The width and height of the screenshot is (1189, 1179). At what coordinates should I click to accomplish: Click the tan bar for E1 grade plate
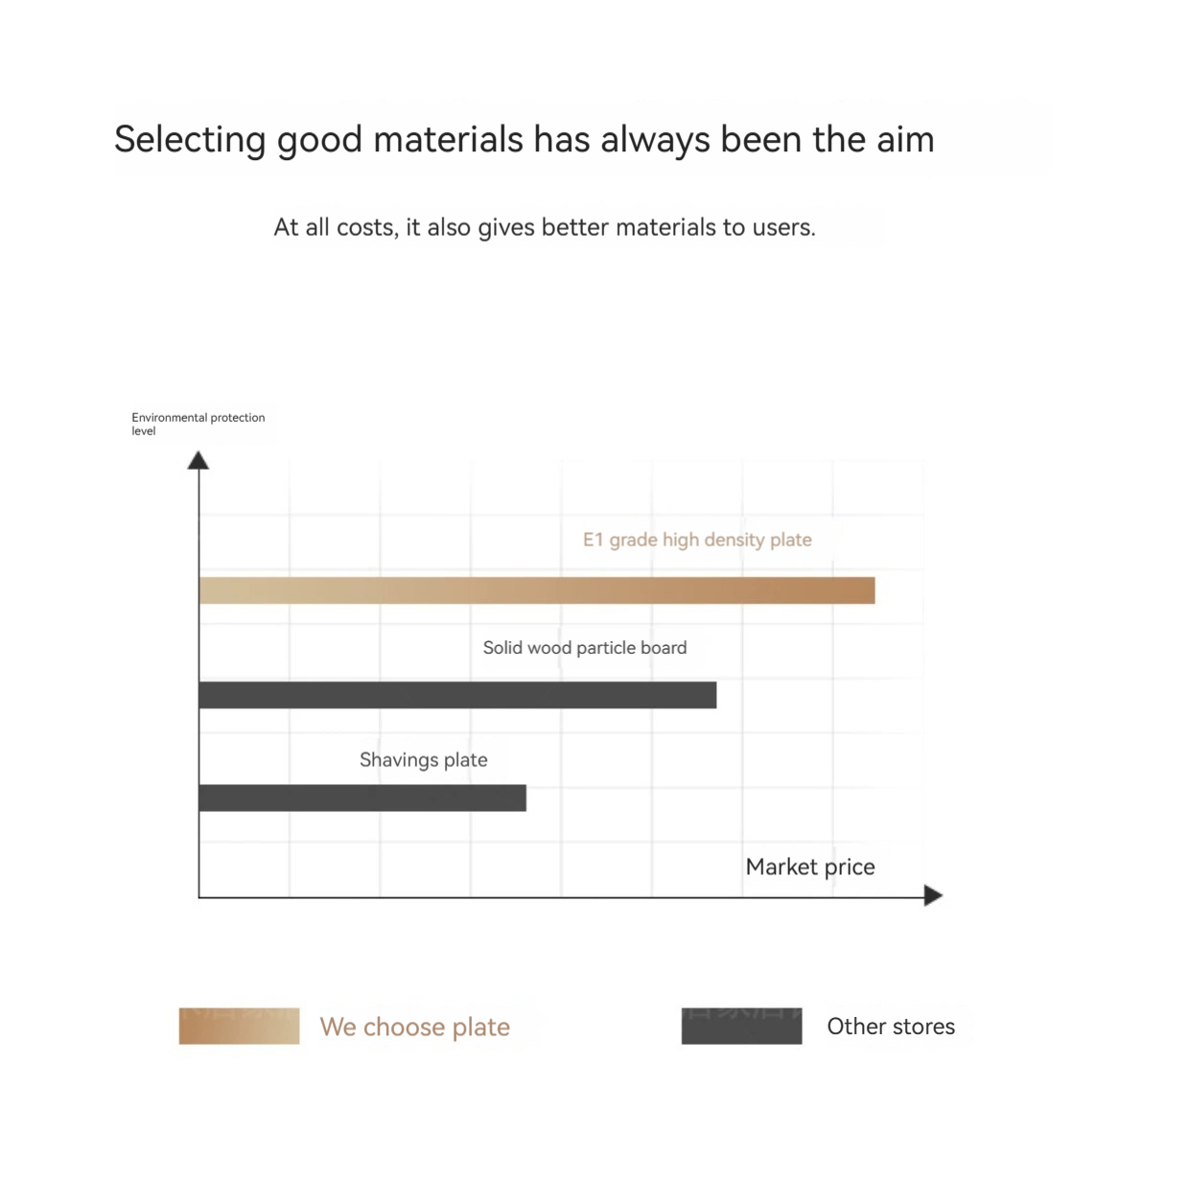coord(536,589)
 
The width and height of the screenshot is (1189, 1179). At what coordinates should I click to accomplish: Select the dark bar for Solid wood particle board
coord(457,695)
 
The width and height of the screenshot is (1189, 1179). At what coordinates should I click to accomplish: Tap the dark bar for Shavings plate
coord(362,798)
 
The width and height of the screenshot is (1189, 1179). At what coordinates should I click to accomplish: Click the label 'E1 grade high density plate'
coord(696,540)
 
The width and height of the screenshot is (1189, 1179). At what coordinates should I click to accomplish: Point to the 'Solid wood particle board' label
coord(584,648)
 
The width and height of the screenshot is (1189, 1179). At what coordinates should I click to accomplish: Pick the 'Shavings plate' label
coord(423,760)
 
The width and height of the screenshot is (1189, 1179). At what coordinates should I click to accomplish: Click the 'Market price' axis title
coord(809,867)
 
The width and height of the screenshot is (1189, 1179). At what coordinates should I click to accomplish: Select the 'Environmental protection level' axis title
coord(198,424)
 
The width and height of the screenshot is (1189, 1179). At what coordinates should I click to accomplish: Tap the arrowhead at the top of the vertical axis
coord(198,460)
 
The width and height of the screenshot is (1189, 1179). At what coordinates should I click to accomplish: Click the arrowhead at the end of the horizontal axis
coord(933,895)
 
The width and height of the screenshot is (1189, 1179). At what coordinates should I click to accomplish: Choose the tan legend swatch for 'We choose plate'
coord(239,1026)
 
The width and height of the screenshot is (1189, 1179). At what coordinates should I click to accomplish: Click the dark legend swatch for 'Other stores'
coord(741,1026)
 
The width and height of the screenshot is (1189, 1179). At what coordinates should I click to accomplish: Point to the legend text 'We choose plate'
coord(414,1028)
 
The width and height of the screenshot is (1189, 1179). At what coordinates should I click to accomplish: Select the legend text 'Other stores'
coord(891,1026)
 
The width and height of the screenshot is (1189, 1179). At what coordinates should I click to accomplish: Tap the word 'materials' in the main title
coord(449,139)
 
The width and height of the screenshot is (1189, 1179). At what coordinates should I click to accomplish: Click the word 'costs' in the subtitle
coord(367,228)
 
